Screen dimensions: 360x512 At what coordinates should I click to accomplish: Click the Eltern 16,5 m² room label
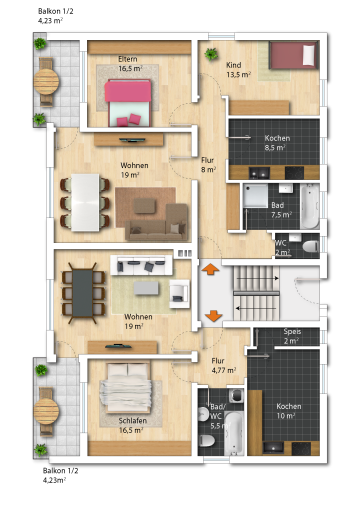pyautogui.click(x=130, y=63)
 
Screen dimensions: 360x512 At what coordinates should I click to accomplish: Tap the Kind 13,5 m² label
pyautogui.click(x=238, y=69)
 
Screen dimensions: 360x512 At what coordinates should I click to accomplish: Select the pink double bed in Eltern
pyautogui.click(x=127, y=102)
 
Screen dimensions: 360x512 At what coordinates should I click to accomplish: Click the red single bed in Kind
pyautogui.click(x=293, y=55)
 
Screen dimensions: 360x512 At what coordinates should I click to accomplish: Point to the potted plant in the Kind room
pyautogui.click(x=211, y=54)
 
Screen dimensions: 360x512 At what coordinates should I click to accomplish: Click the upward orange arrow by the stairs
pyautogui.click(x=210, y=269)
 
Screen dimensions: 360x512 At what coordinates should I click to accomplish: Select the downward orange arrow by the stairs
pyautogui.click(x=213, y=316)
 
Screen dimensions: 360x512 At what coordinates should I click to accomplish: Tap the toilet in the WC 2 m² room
pyautogui.click(x=310, y=246)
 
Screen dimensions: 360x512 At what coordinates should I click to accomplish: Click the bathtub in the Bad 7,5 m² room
pyautogui.click(x=309, y=206)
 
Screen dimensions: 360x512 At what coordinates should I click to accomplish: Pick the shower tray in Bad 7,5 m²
pyautogui.click(x=255, y=195)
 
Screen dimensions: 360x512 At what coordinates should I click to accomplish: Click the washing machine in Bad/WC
pyautogui.click(x=236, y=395)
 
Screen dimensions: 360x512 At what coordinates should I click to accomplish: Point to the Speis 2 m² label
pyautogui.click(x=291, y=336)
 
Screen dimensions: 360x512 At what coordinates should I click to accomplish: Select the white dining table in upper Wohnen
pyautogui.click(x=85, y=202)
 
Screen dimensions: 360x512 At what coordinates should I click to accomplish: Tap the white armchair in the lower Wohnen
pyautogui.click(x=179, y=293)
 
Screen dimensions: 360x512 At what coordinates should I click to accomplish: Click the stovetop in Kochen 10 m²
pyautogui.click(x=301, y=448)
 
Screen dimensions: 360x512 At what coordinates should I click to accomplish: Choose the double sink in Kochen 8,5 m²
pyautogui.click(x=259, y=172)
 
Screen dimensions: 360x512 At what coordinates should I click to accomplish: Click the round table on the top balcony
pyautogui.click(x=46, y=81)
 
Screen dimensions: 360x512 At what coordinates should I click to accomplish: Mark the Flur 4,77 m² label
pyautogui.click(x=224, y=365)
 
